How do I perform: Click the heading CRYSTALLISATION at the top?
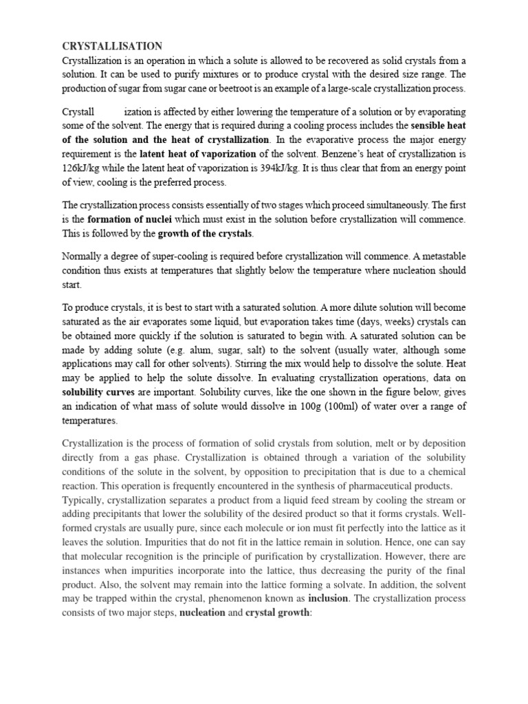112,46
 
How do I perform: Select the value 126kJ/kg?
86,168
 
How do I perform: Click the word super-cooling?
177,256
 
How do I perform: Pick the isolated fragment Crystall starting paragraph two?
78,111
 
